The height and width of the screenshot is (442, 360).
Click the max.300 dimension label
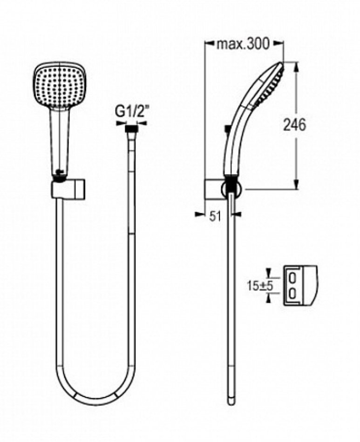(x=243, y=44)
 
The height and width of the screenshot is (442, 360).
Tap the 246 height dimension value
(x=294, y=125)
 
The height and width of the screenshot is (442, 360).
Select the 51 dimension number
(x=215, y=216)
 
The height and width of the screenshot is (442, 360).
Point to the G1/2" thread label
(x=132, y=113)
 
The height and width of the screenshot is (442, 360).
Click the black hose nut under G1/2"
(x=131, y=129)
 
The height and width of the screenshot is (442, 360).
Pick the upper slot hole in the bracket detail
(x=292, y=278)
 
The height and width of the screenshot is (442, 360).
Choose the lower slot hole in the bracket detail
(x=292, y=294)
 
